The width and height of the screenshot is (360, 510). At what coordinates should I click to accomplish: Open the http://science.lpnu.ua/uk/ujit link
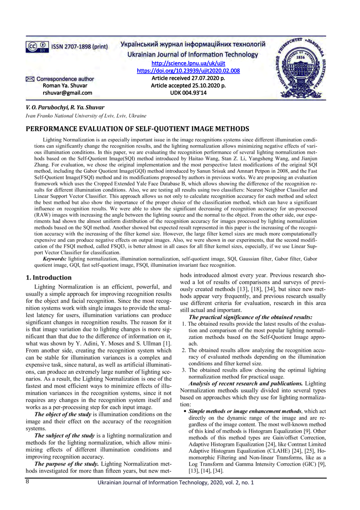click(x=188, y=63)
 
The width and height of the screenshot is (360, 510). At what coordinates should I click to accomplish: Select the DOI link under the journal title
click(x=188, y=71)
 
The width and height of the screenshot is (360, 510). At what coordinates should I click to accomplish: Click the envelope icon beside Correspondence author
click(x=30, y=79)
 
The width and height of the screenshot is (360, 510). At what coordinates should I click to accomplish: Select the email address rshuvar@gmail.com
click(x=68, y=93)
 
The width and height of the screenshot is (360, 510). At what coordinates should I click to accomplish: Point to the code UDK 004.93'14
click(x=188, y=93)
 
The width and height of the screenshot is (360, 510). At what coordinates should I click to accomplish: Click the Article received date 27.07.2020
click(x=188, y=78)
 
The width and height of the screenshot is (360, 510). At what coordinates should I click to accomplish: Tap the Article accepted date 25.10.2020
click(x=188, y=86)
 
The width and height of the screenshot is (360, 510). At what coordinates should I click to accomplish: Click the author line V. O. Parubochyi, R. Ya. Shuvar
click(x=65, y=107)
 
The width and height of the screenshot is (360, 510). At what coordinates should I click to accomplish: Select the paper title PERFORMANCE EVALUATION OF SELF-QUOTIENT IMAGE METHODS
click(x=138, y=128)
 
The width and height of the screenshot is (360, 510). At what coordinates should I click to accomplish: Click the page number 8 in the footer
click(x=27, y=481)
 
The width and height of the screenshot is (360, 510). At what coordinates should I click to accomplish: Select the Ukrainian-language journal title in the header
click(x=192, y=44)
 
